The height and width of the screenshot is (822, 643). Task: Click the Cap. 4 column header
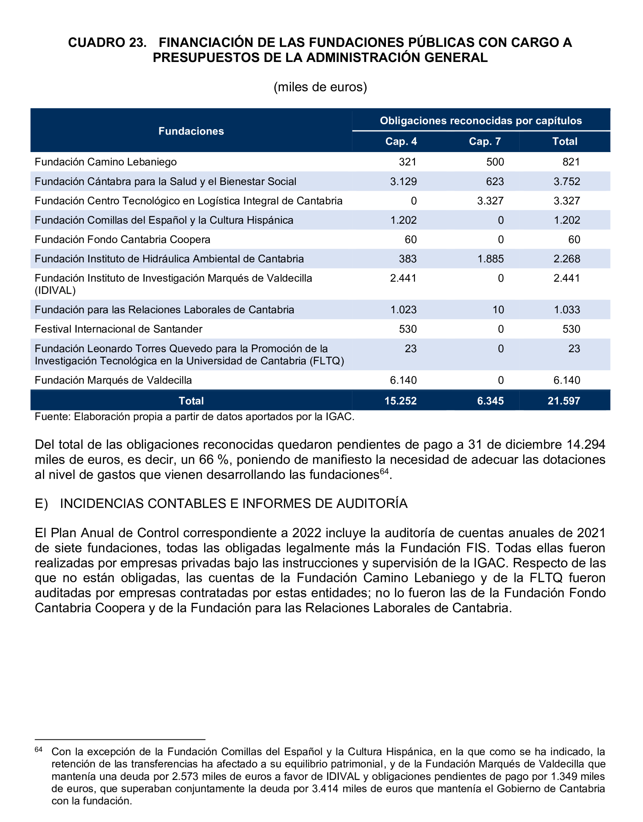point(401,141)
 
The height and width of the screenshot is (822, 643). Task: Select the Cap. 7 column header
point(485,141)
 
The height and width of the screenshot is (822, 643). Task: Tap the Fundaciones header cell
point(191,131)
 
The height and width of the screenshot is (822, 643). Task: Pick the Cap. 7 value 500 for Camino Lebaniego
point(495,162)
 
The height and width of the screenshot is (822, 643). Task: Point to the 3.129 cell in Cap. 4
point(403,181)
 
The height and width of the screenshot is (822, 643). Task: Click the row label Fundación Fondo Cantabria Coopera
point(122,240)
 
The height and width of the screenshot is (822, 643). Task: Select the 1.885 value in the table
point(490,259)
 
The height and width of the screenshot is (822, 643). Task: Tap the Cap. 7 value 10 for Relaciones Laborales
point(498,310)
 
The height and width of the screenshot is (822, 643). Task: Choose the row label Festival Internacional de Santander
point(118,329)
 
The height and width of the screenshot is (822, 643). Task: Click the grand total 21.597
point(563,401)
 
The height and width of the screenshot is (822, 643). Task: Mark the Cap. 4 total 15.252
point(400,401)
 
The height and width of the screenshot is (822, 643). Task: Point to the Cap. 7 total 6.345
point(490,401)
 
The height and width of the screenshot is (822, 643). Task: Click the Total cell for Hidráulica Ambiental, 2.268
point(566,259)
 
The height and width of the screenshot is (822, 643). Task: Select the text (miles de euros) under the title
point(320,87)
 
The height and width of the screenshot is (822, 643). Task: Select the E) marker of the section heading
point(41,504)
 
